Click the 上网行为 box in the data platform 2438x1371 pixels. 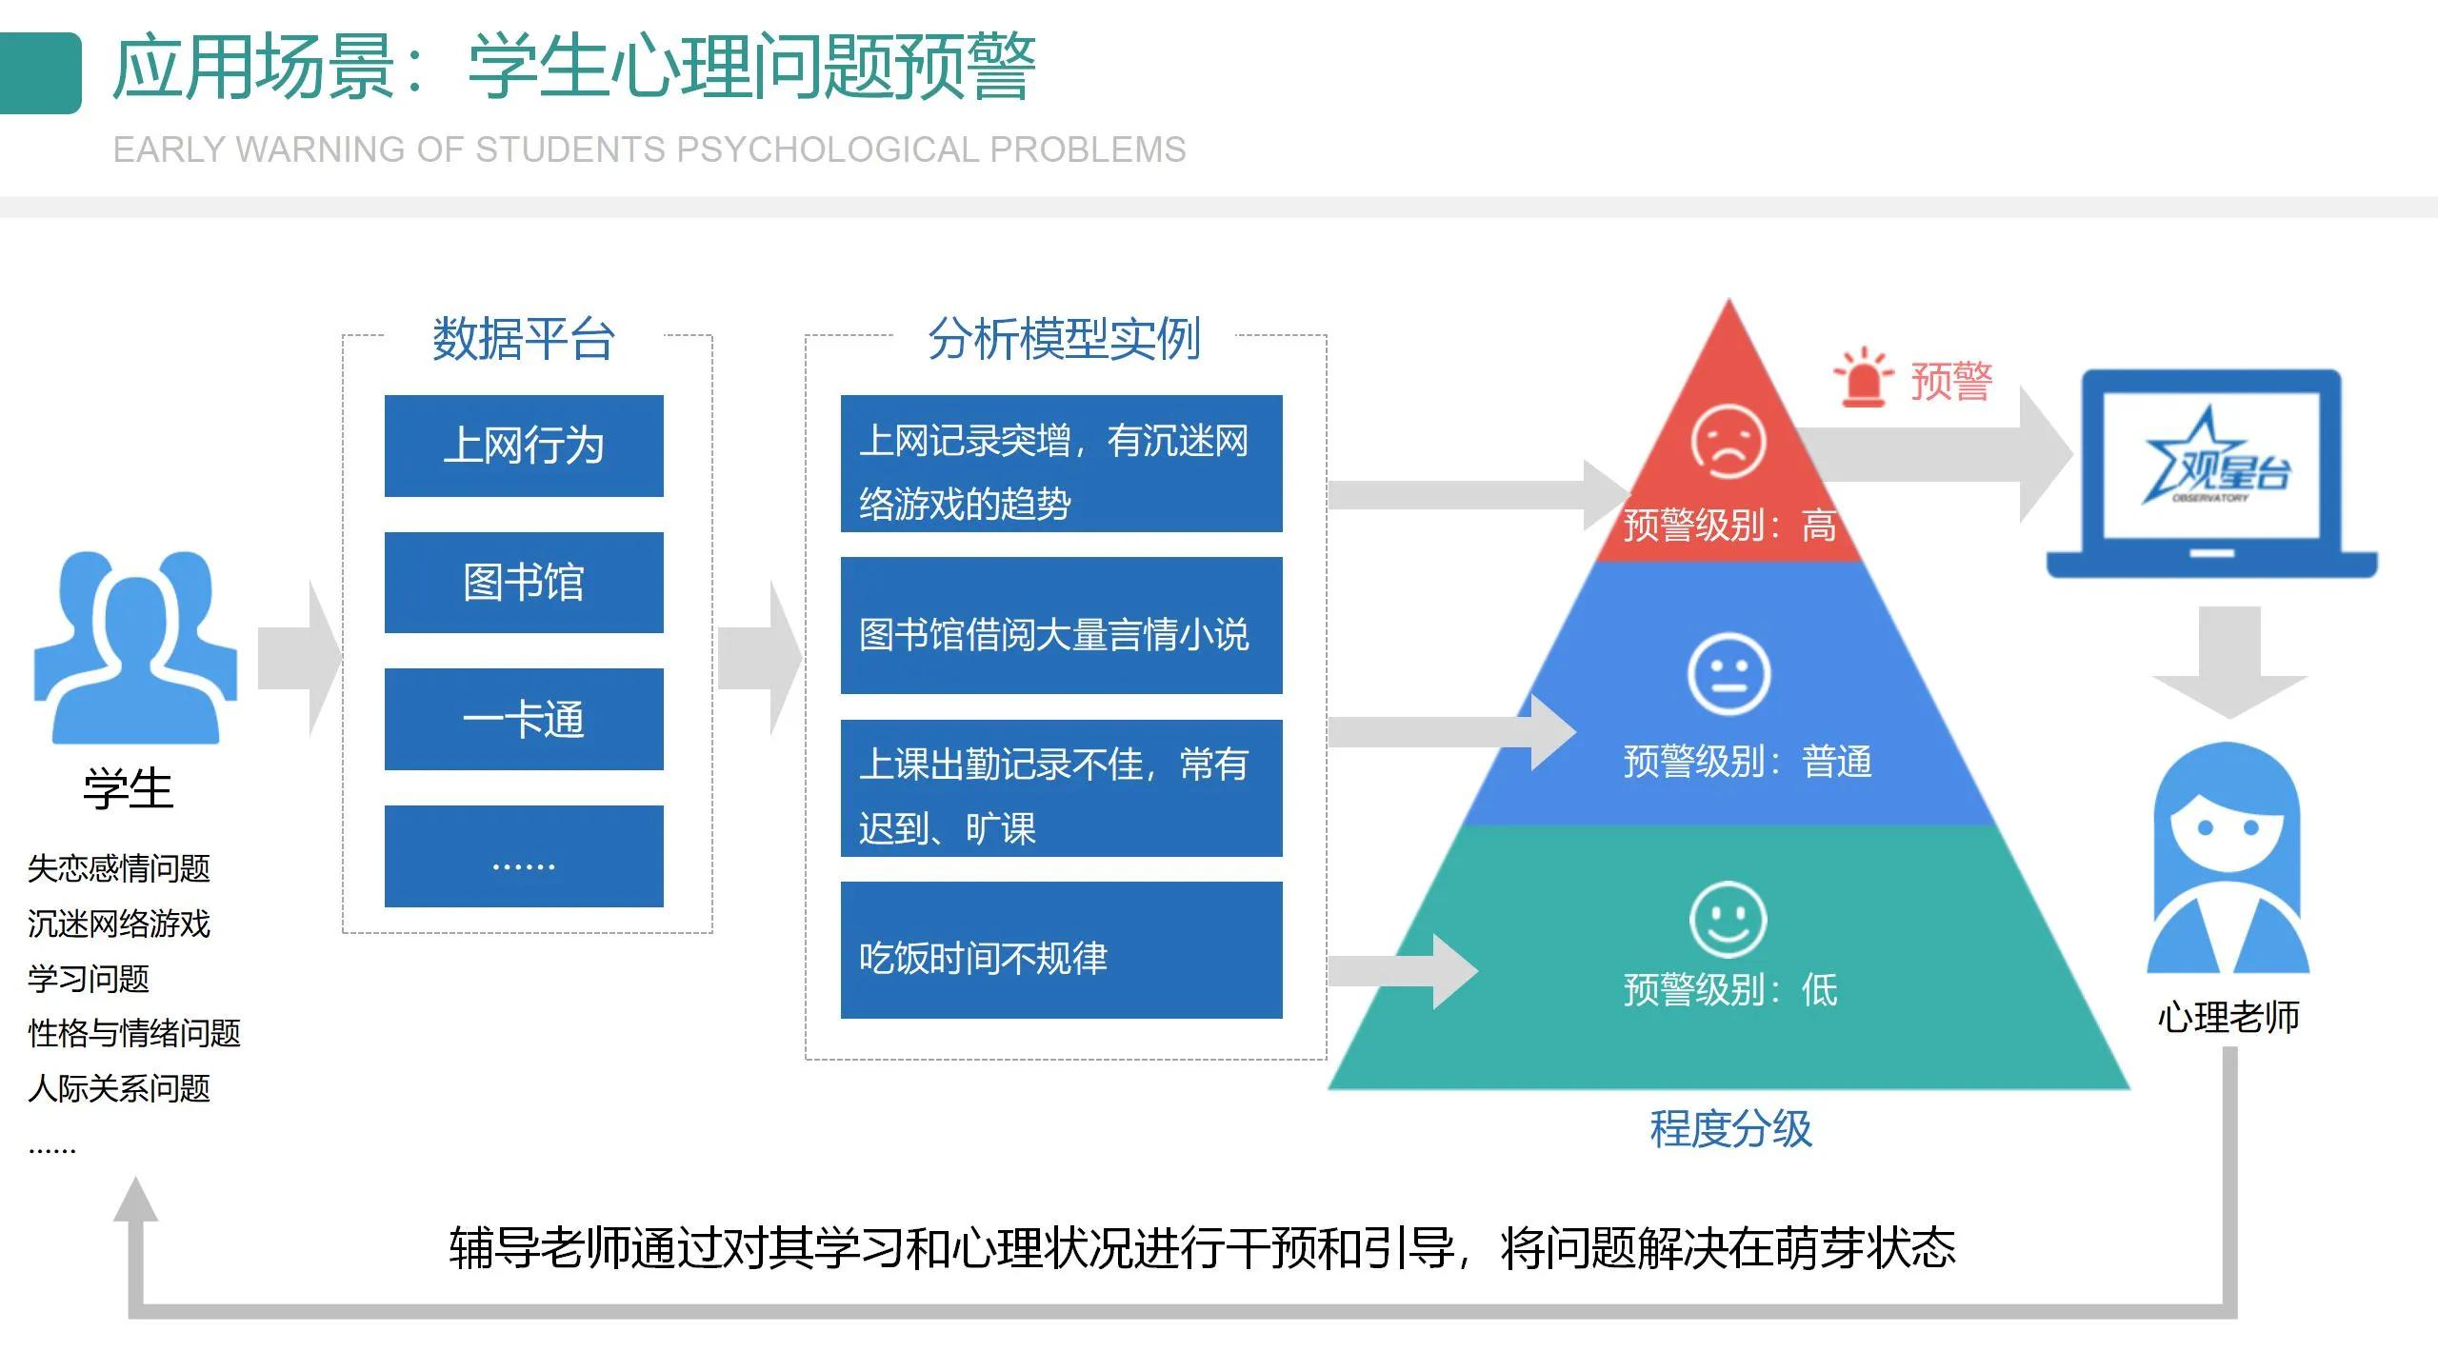[x=524, y=446]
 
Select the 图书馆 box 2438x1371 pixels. [x=524, y=583]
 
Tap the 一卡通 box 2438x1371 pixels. [x=524, y=720]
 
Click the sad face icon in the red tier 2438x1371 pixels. [x=1729, y=442]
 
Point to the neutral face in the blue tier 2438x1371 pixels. [x=1729, y=674]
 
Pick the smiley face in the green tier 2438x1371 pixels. [x=1728, y=919]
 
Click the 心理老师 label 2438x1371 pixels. [x=2228, y=1017]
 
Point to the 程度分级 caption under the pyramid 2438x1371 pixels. [x=1730, y=1129]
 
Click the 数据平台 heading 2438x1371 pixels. [x=524, y=339]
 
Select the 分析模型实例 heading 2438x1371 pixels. [x=1064, y=339]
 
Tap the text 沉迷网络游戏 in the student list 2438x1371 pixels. [x=119, y=924]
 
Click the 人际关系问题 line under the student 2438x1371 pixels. [x=119, y=1088]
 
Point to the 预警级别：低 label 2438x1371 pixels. [x=1729, y=990]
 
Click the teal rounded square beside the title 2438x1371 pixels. [x=40, y=73]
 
